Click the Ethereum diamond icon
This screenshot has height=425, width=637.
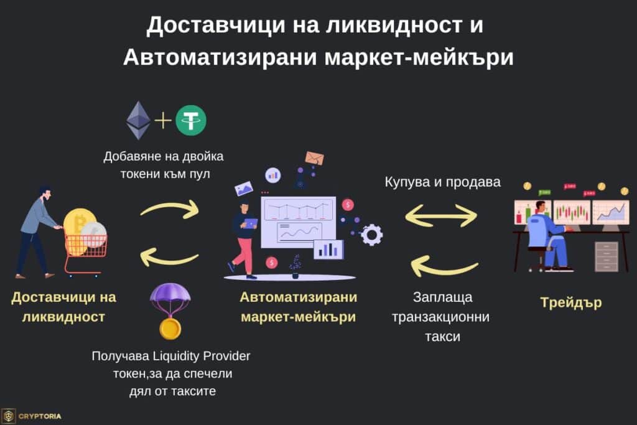tap(139, 120)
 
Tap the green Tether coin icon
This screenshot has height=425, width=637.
tap(191, 121)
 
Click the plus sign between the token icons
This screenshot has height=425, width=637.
tap(164, 120)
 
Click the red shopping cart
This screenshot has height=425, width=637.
tap(85, 252)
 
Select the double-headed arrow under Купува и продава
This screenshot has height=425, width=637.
tap(441, 215)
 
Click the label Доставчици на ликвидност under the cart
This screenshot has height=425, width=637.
tap(63, 306)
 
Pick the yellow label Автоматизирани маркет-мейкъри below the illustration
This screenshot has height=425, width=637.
tap(298, 306)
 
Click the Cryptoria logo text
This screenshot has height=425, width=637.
tap(40, 416)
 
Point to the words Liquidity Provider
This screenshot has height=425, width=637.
tap(198, 357)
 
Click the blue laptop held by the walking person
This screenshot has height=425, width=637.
tap(250, 223)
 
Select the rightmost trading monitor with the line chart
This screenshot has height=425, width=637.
tap(610, 212)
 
